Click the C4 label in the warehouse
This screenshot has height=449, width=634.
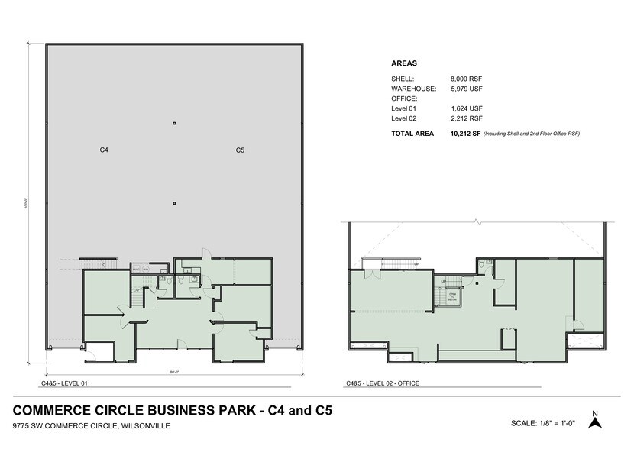[104, 150]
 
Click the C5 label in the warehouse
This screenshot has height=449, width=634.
[240, 150]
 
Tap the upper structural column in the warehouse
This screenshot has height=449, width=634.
[174, 123]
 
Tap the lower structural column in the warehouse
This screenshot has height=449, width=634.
[174, 202]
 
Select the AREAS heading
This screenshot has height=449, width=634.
[403, 63]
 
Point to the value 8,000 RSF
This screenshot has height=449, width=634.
[467, 79]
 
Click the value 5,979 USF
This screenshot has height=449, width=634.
[467, 89]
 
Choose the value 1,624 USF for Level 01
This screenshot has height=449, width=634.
[466, 108]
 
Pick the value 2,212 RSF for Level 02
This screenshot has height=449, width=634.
[467, 118]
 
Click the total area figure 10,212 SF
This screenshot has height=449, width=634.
[465, 134]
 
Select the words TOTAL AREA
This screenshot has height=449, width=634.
[412, 134]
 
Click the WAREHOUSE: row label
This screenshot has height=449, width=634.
[413, 89]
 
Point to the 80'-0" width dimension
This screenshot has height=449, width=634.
[174, 372]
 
